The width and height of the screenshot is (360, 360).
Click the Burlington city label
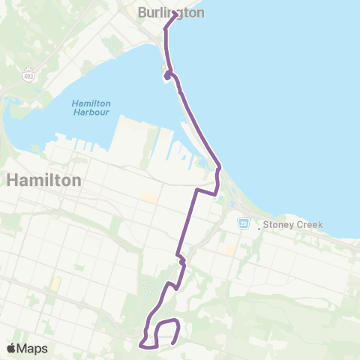[x=171, y=12]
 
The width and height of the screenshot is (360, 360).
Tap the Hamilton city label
[x=43, y=181]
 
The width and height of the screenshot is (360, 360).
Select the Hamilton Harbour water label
[x=91, y=107]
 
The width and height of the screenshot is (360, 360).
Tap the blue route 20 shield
[x=244, y=223]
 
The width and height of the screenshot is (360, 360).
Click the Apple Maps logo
[x=27, y=348]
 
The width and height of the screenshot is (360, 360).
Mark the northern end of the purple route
[x=175, y=13]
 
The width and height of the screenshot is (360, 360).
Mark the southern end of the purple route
[x=174, y=343]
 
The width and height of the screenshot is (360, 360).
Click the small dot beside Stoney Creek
[x=259, y=227]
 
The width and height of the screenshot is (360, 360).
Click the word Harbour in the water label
[x=91, y=112]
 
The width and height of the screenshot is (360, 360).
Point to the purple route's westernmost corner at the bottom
[x=140, y=345]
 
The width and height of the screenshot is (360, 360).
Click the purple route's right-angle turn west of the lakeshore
[x=196, y=190]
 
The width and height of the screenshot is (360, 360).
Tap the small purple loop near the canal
[x=168, y=76]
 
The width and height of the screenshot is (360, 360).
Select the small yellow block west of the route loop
[x=55, y=283]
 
